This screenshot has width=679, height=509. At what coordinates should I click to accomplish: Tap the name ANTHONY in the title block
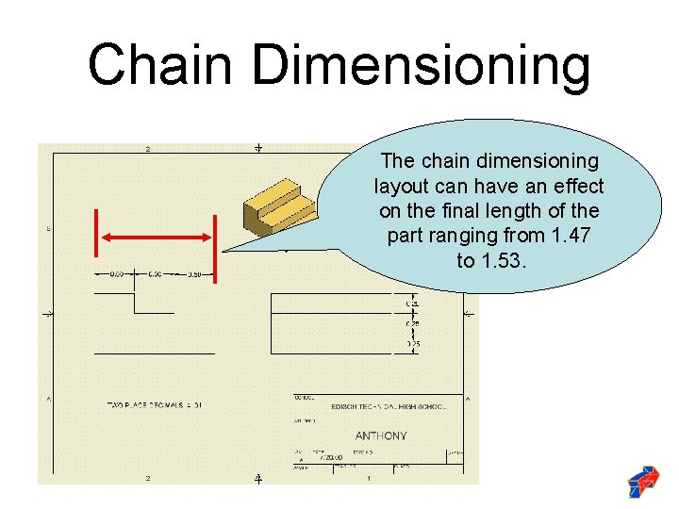point(381,435)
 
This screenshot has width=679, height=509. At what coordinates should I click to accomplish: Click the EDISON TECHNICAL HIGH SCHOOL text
point(388,406)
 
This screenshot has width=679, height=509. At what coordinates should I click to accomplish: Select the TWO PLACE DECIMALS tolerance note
point(155,405)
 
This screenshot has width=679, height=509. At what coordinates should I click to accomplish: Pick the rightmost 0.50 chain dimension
point(193,274)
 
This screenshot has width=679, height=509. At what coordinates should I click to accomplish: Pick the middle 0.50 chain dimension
point(155,274)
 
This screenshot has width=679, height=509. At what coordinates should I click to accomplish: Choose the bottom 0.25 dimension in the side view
point(413,345)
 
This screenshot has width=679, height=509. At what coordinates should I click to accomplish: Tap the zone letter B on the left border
point(48,229)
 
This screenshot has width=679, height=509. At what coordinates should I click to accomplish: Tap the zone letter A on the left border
point(48,400)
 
